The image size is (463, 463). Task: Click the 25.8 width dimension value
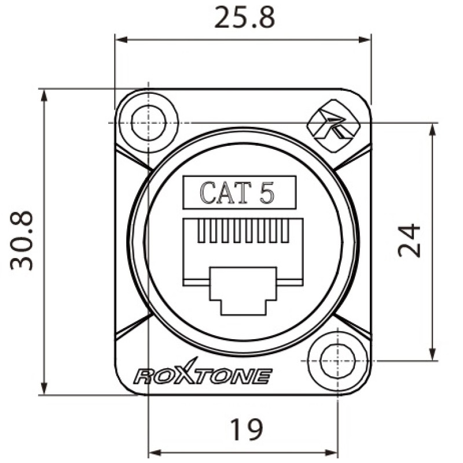coord(244,17)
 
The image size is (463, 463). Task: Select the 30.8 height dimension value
coord(21,240)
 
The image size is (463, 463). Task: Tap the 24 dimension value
coord(409,240)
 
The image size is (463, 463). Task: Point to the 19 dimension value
coord(247,429)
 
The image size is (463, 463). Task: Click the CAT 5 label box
coord(239,193)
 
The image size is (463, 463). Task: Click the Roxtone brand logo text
coord(203,373)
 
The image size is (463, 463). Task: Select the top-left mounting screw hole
coord(148,123)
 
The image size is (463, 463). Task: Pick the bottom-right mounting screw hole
coord(337,361)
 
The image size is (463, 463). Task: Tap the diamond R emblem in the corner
coord(334,126)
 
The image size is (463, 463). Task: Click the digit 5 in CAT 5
coord(267,193)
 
